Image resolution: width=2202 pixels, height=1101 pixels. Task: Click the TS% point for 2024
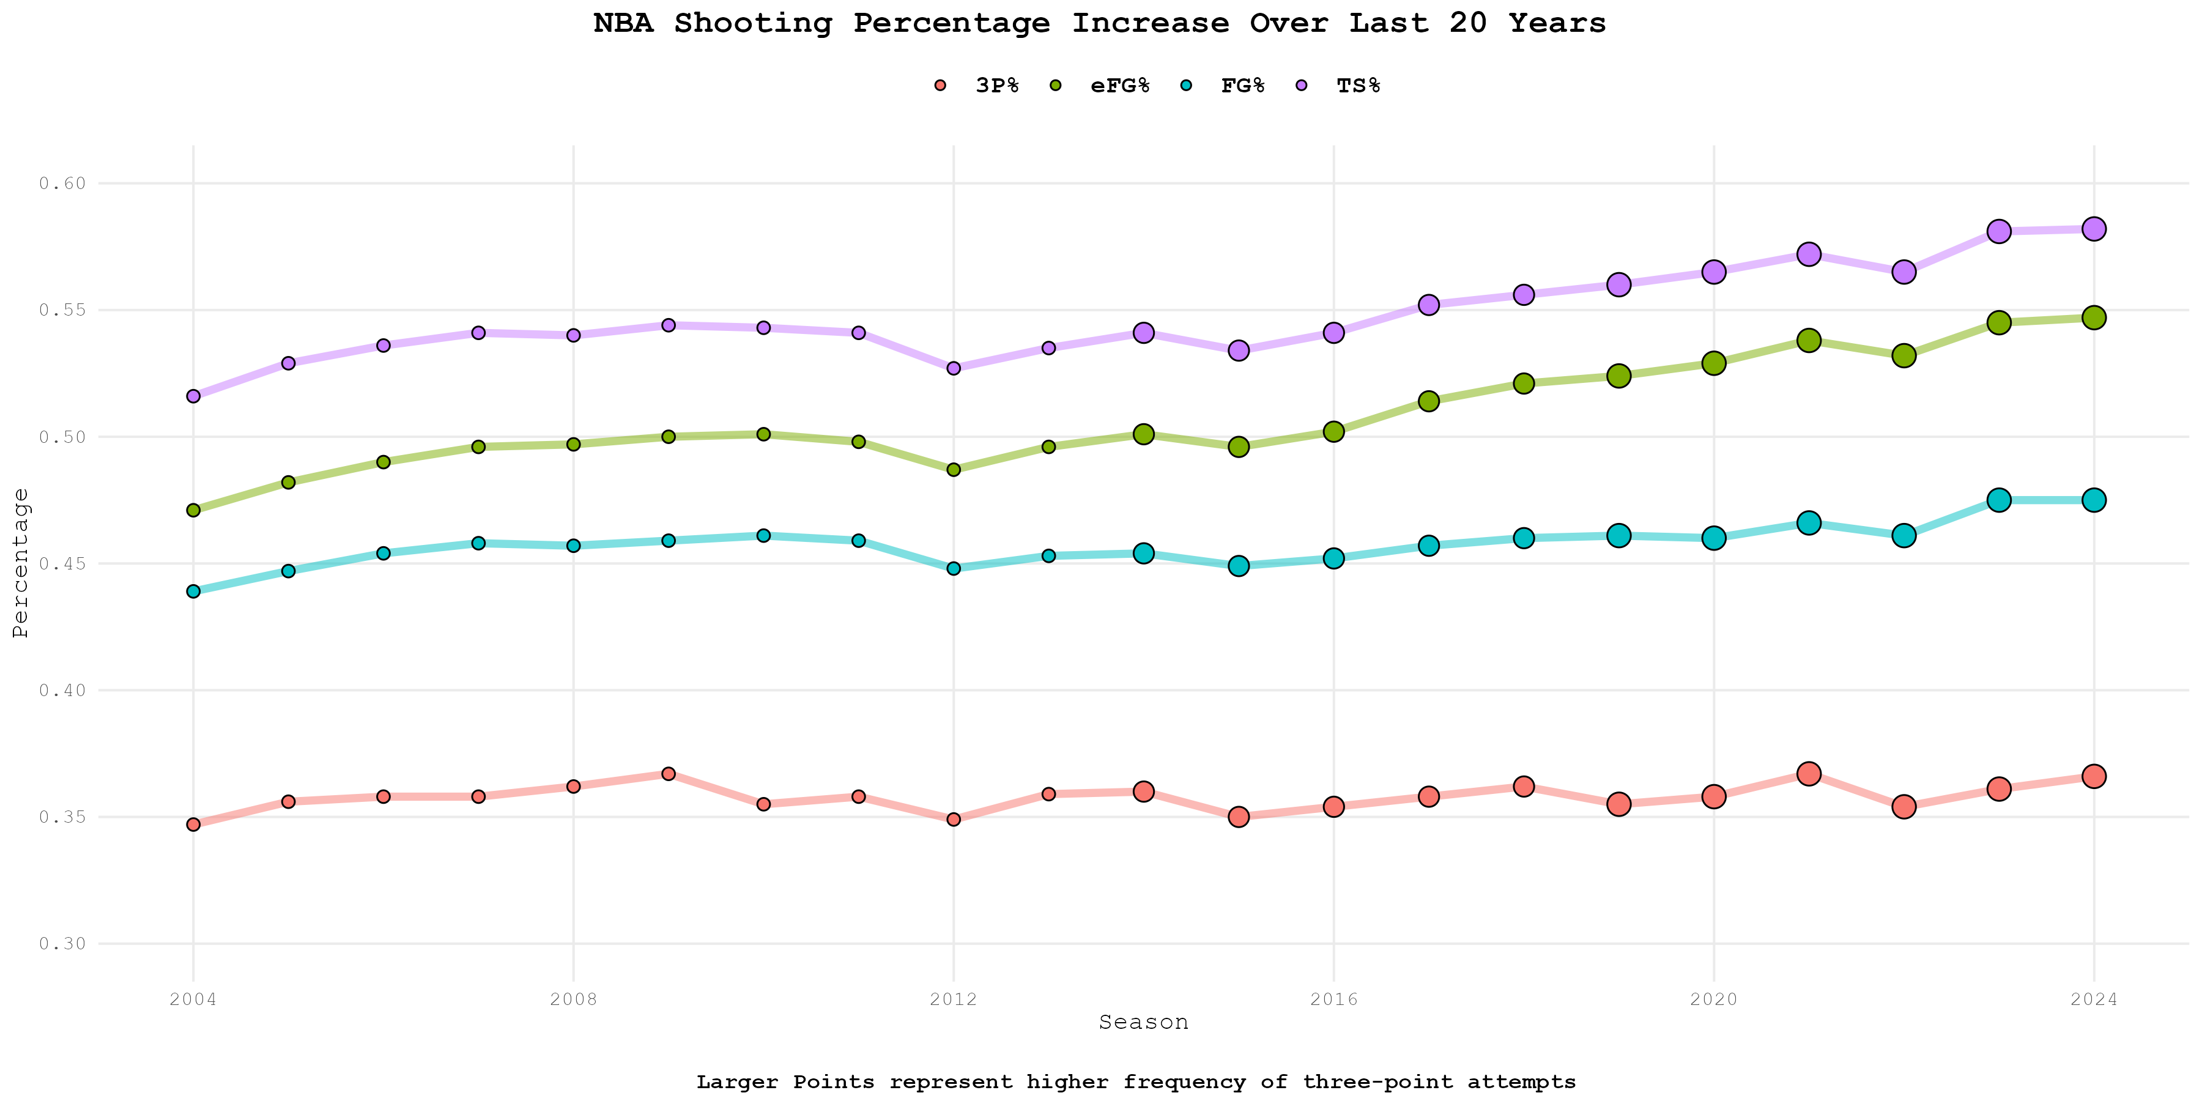[2094, 229]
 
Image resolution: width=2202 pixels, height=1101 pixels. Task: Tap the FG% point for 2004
[193, 591]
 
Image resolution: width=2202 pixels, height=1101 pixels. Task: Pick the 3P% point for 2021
[1809, 774]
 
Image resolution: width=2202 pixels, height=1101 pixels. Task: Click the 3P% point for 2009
[669, 774]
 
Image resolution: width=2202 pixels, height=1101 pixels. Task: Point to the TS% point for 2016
[1333, 333]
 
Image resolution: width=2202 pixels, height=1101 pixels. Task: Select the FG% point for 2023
[1998, 500]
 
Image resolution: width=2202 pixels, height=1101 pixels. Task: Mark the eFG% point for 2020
[1714, 363]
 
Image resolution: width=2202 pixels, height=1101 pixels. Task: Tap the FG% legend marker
[1187, 86]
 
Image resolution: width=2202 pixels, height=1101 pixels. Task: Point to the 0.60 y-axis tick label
[62, 183]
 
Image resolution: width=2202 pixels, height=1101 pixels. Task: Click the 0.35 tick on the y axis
[62, 817]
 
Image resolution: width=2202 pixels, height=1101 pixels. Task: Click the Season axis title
[1143, 1022]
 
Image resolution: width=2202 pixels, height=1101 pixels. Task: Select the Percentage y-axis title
[21, 563]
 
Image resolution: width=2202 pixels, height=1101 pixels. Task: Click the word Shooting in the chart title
[752, 23]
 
